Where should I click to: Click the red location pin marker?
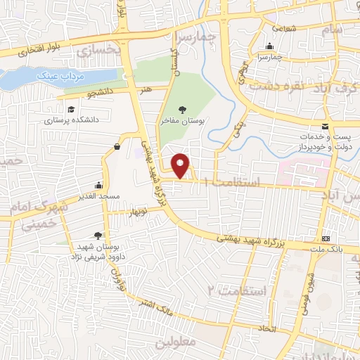click(x=181, y=165)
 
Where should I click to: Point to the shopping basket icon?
click(x=116, y=146)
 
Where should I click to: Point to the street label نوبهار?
click(x=137, y=211)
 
